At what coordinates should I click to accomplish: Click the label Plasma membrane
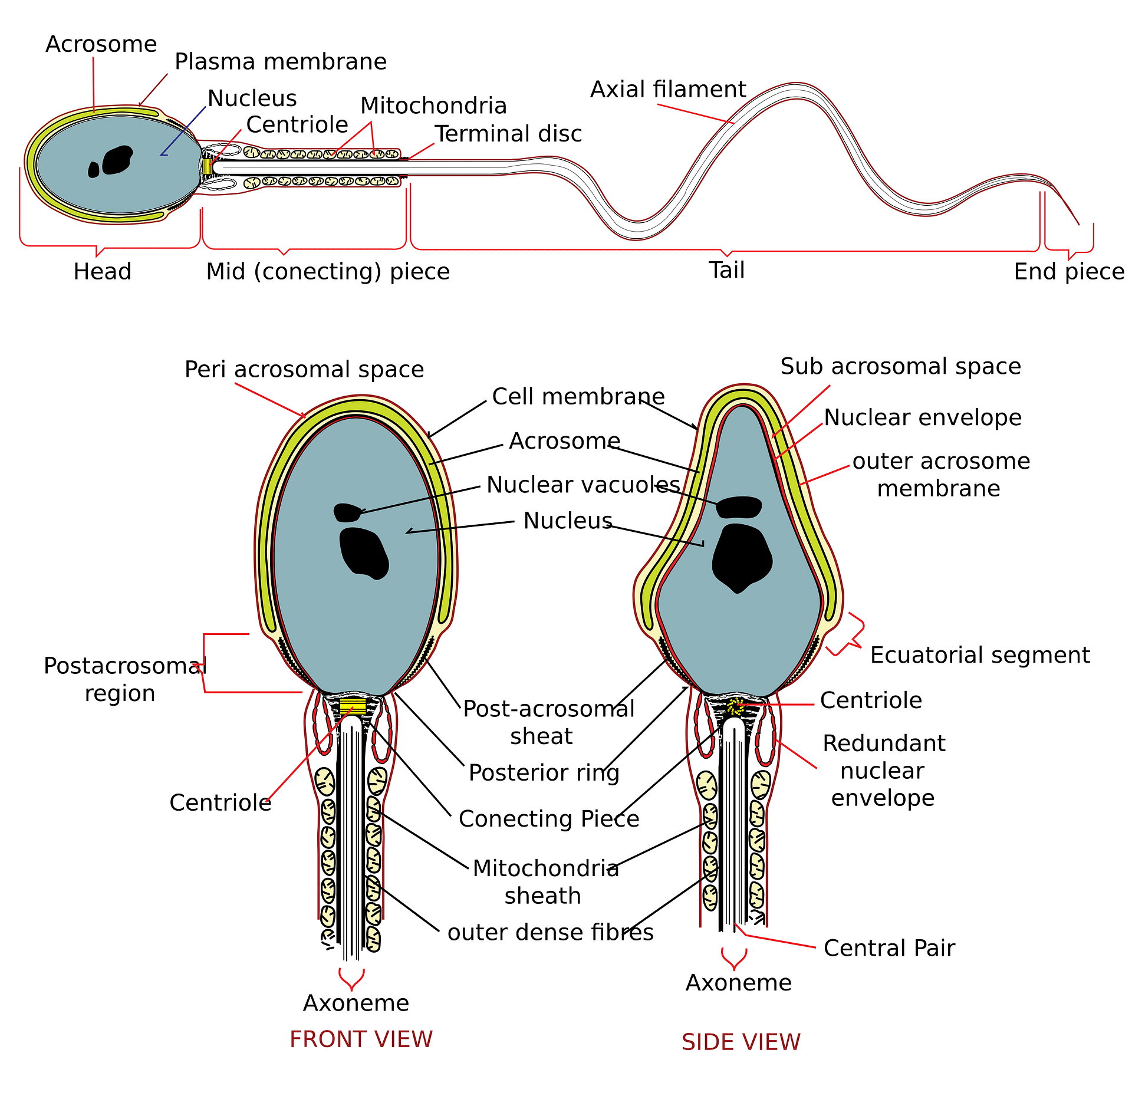(x=281, y=62)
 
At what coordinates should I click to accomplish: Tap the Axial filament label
(x=668, y=90)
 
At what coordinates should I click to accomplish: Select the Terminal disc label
(x=508, y=134)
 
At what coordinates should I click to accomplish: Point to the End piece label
(x=1068, y=272)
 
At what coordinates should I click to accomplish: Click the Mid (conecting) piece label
(x=328, y=272)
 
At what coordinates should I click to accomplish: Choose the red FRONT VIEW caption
(x=361, y=1039)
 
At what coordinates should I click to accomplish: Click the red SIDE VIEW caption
(x=741, y=1042)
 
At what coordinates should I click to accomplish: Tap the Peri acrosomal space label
(x=304, y=370)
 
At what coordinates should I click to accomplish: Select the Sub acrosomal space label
(x=900, y=367)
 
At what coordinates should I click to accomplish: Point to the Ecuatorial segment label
(x=980, y=655)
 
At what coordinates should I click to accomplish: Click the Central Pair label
(x=889, y=948)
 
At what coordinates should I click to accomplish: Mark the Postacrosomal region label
(x=124, y=679)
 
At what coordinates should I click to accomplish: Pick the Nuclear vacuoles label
(x=583, y=485)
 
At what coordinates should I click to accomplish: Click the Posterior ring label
(x=544, y=773)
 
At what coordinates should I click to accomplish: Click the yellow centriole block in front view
(x=353, y=706)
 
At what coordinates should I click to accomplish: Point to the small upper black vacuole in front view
(x=347, y=512)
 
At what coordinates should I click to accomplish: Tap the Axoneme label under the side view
(x=738, y=983)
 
